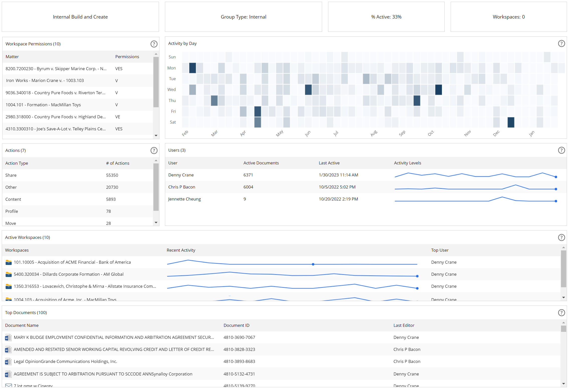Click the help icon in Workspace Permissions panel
click(x=154, y=44)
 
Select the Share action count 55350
click(x=112, y=175)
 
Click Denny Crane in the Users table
click(x=181, y=175)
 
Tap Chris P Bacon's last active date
click(x=337, y=187)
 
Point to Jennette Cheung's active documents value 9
click(x=245, y=199)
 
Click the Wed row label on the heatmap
click(x=171, y=89)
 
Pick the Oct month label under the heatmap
click(x=431, y=133)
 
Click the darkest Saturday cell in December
click(x=511, y=122)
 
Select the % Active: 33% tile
click(x=386, y=17)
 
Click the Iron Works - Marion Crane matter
click(x=45, y=80)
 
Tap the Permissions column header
click(x=127, y=57)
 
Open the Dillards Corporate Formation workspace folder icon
click(x=9, y=274)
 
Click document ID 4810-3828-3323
click(x=239, y=349)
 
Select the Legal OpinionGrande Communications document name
click(x=65, y=361)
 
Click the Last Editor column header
click(x=404, y=325)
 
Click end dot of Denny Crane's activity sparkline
click(x=556, y=177)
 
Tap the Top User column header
click(x=440, y=250)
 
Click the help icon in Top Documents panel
click(x=561, y=313)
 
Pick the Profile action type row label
click(x=12, y=211)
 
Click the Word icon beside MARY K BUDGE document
click(x=8, y=338)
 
